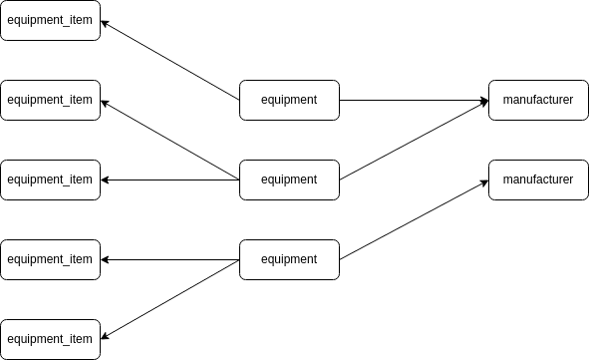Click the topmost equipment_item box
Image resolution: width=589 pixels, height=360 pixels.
click(x=50, y=20)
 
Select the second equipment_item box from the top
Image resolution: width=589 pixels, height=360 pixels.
click(x=50, y=100)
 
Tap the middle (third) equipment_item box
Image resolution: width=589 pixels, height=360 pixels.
click(x=50, y=180)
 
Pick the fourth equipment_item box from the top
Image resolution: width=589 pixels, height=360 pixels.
click(x=50, y=259)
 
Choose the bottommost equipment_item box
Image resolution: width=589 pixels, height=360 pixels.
click(x=50, y=339)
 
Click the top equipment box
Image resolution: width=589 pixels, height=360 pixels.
click(x=289, y=100)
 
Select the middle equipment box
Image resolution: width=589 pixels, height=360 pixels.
click(x=289, y=180)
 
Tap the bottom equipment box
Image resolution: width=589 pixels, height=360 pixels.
click(x=289, y=259)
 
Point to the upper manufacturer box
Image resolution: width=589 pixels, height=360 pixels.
click(x=538, y=100)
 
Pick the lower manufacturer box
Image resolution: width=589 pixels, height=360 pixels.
click(x=538, y=180)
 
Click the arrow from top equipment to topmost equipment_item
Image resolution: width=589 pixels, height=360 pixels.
click(x=169, y=60)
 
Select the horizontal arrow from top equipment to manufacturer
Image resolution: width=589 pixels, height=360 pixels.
click(x=414, y=100)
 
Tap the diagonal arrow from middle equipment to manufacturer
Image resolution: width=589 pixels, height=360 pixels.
click(x=414, y=140)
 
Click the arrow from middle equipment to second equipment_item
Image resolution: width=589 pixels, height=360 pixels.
click(x=169, y=140)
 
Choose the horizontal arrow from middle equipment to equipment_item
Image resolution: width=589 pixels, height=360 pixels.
click(x=169, y=180)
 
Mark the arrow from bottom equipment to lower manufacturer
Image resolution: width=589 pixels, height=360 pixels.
click(x=414, y=219)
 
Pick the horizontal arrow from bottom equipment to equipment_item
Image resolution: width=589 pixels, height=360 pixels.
click(x=169, y=259)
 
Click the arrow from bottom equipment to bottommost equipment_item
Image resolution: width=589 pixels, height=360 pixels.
click(x=169, y=299)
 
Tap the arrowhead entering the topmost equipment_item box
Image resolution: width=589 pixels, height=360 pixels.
click(x=105, y=23)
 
